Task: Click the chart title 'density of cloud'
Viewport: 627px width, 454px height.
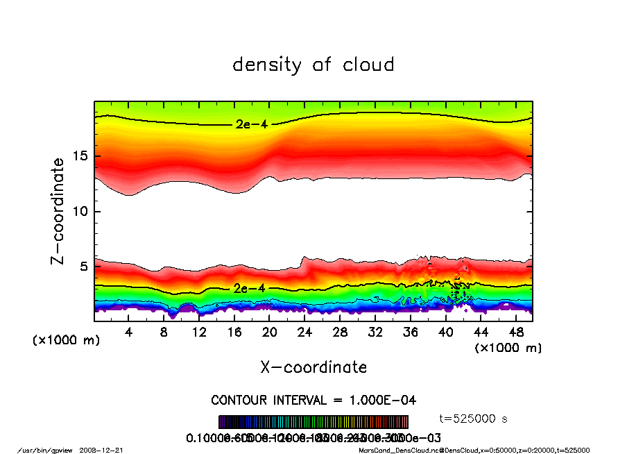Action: pos(313,65)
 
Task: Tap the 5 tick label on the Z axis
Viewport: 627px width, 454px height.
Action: pos(83,266)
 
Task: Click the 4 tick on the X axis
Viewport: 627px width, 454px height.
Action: pos(129,333)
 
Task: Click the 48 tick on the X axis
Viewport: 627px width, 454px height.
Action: pos(515,333)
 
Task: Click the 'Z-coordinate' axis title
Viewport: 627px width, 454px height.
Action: pos(58,211)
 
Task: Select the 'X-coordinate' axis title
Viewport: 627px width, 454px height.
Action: pos(313,367)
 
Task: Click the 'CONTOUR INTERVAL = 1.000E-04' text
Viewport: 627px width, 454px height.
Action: pos(313,401)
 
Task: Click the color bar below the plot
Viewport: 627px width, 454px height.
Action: pos(313,422)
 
